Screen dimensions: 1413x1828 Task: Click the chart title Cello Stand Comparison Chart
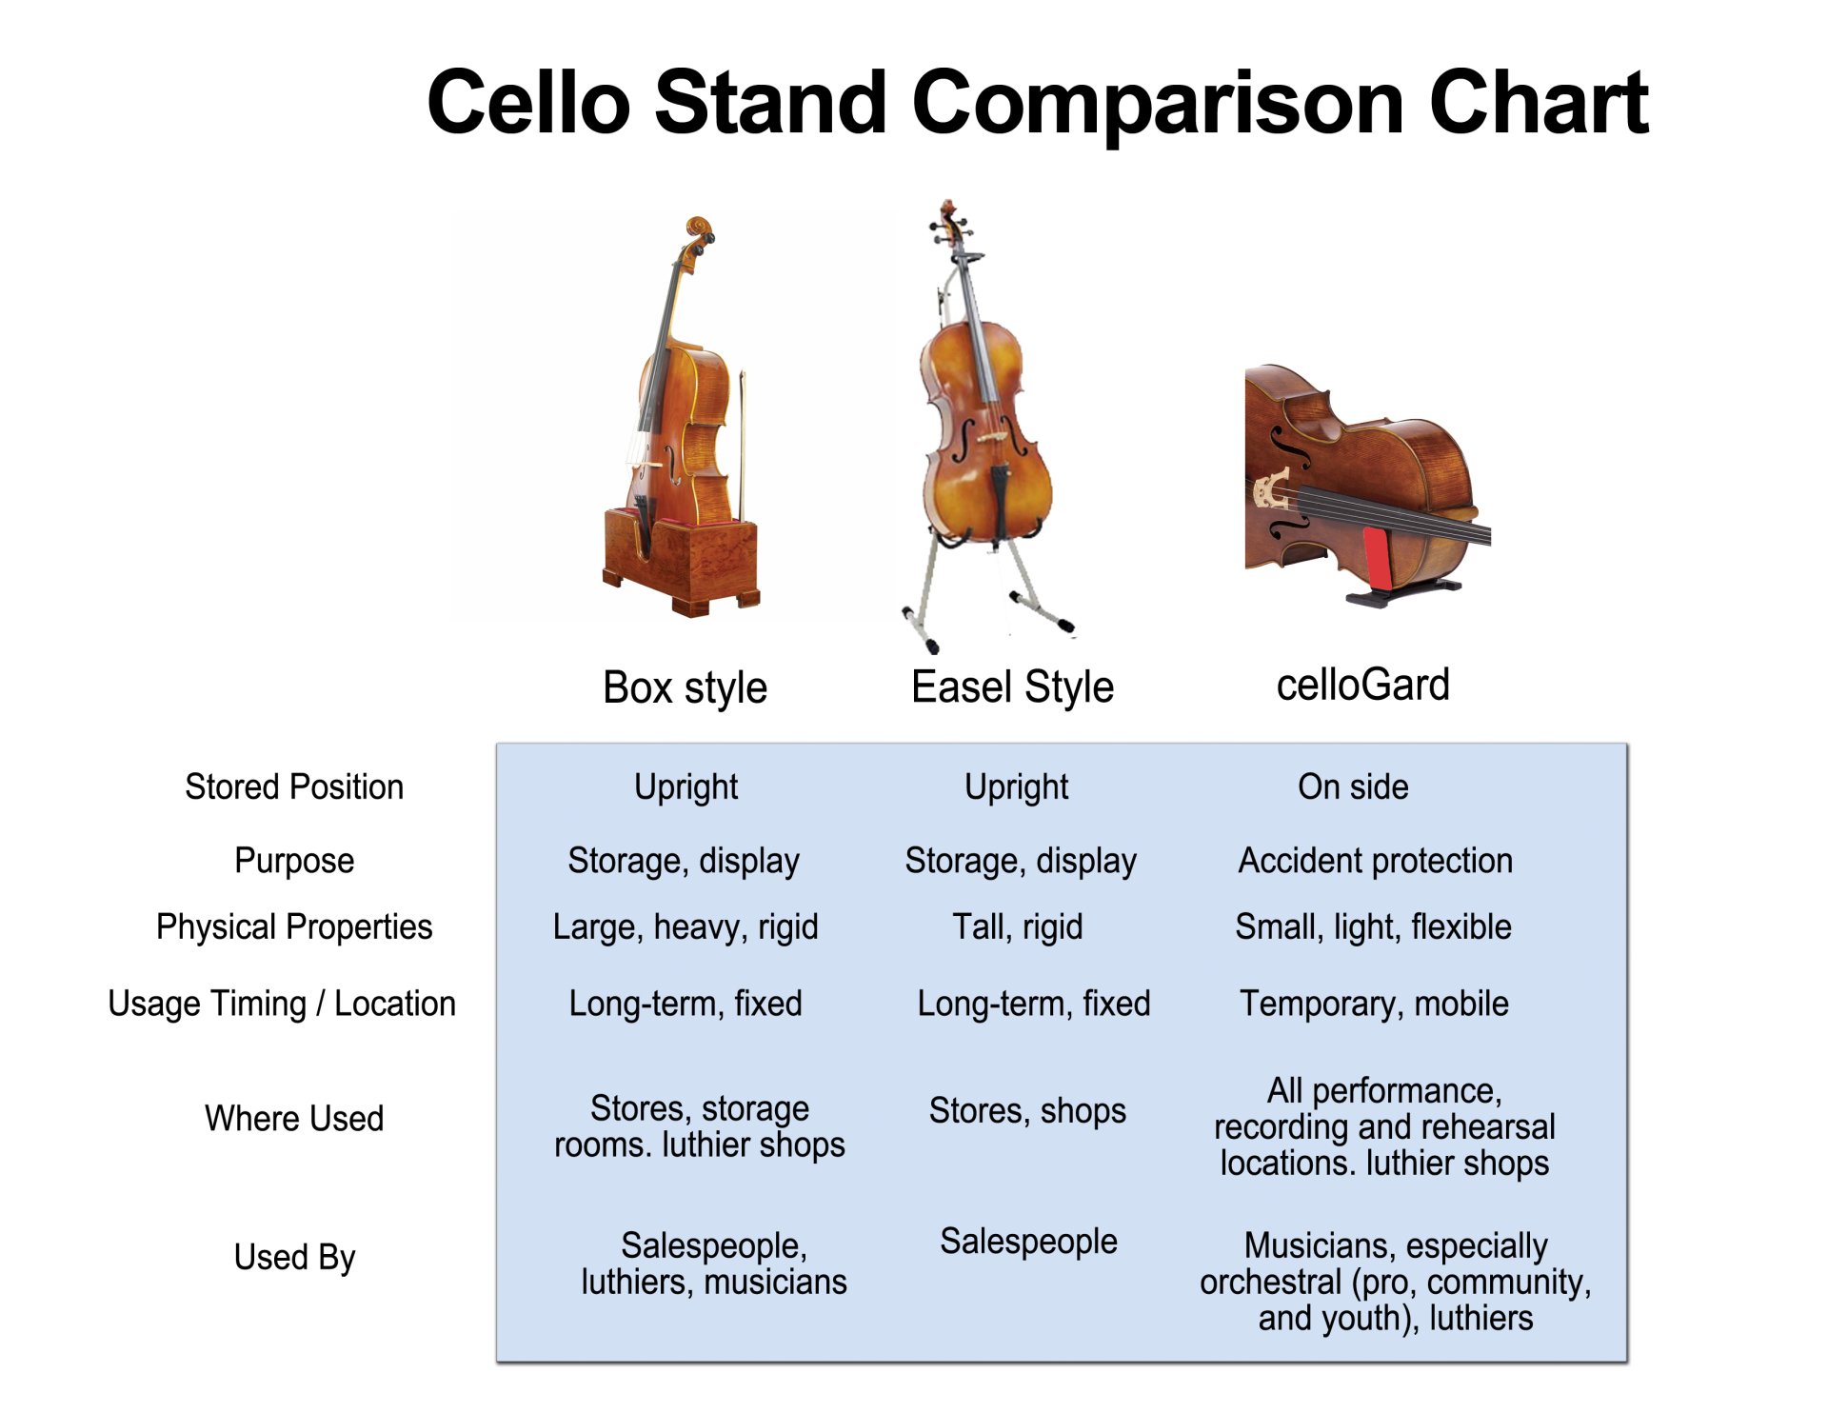(1037, 103)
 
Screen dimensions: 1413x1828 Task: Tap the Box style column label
(685, 687)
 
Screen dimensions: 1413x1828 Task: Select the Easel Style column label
(1012, 687)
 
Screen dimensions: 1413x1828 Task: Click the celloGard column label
(1362, 685)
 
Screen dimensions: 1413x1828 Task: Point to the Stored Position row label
(294, 786)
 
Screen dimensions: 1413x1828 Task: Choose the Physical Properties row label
(294, 926)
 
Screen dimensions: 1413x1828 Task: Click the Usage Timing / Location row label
(282, 1004)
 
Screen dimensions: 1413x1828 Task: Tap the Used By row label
(294, 1257)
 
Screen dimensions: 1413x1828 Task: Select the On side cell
(1353, 786)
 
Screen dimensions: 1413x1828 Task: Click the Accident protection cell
(1375, 860)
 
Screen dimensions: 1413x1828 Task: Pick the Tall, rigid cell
(1018, 926)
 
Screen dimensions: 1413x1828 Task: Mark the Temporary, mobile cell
(1374, 1004)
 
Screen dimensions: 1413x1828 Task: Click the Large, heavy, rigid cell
(685, 926)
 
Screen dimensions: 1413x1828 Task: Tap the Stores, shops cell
(1027, 1110)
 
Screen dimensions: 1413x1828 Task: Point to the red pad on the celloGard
(1376, 558)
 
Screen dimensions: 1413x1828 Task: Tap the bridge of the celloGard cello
(1272, 490)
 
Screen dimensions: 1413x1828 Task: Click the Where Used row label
(294, 1118)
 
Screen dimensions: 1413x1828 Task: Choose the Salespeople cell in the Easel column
(1028, 1241)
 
